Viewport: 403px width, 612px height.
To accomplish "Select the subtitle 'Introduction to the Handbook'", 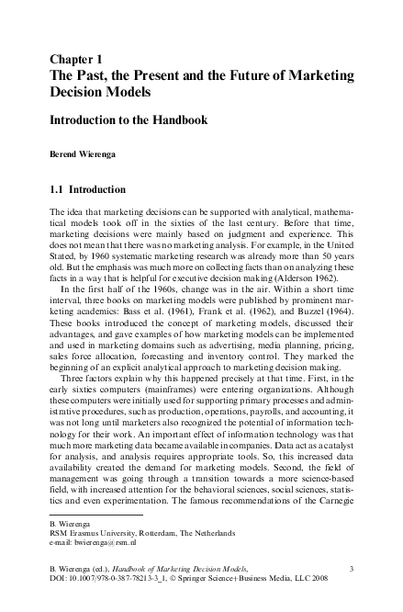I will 129,120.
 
